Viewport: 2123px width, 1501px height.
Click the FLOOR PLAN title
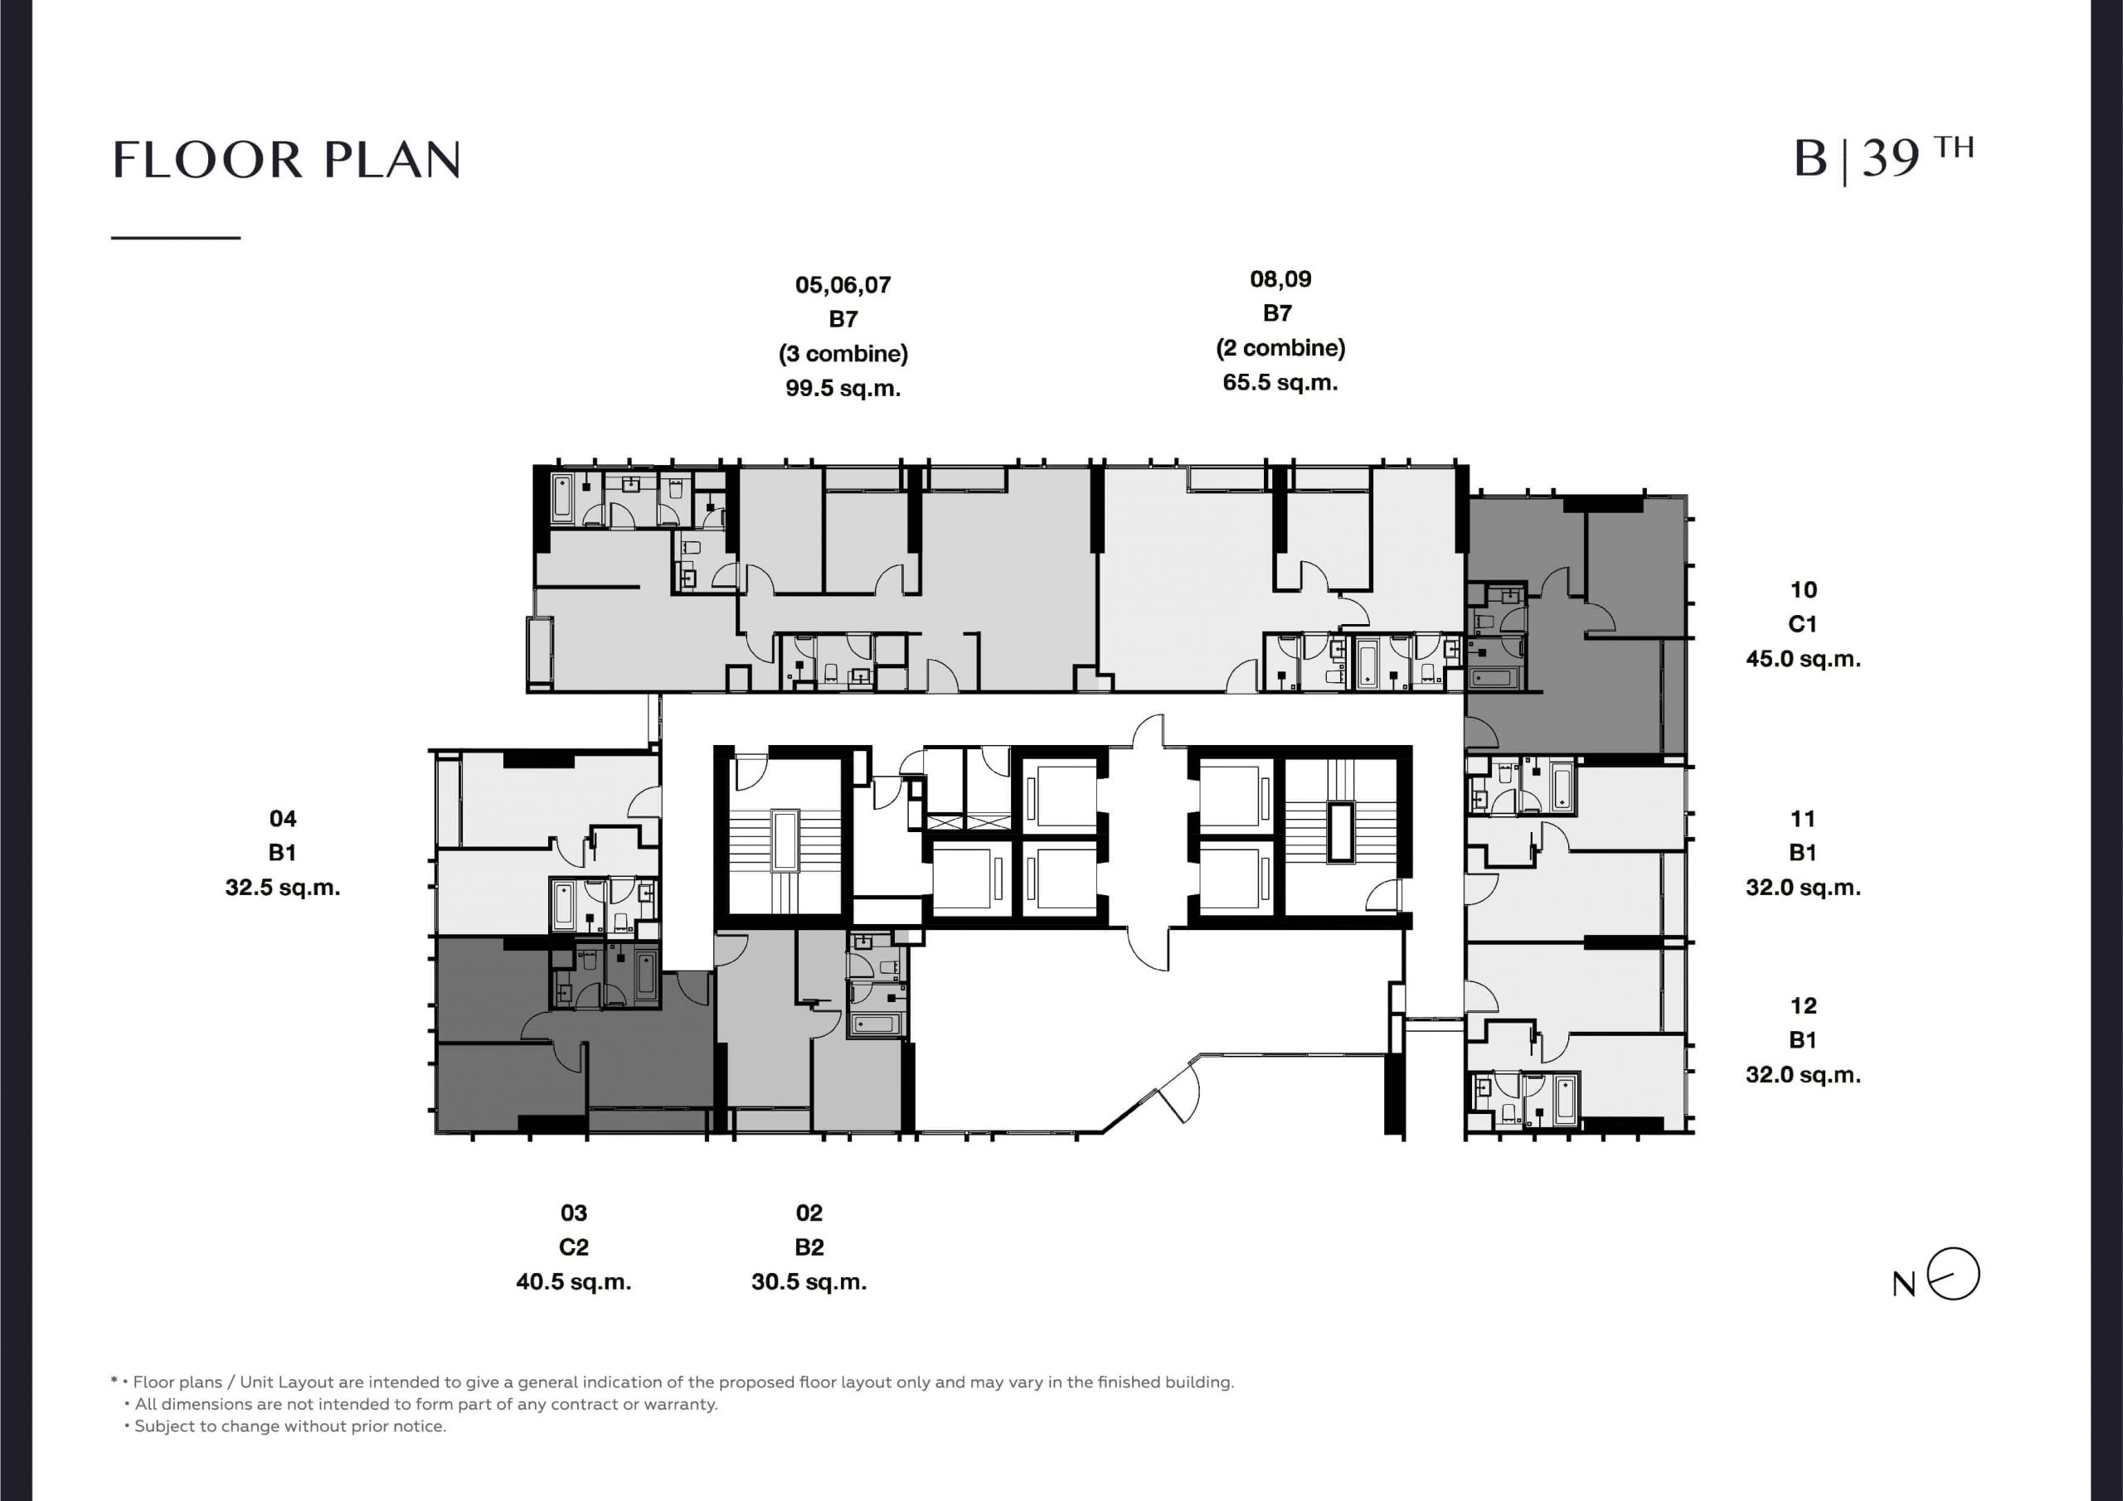[287, 160]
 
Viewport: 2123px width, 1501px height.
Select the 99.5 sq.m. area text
[843, 388]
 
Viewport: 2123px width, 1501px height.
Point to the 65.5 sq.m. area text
[1280, 383]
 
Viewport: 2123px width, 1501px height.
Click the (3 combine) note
[843, 354]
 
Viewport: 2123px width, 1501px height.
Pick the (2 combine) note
[1280, 348]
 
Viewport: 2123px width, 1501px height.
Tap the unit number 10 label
[1803, 589]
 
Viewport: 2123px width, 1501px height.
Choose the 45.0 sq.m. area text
[1803, 659]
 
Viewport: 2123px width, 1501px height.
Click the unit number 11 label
[1803, 819]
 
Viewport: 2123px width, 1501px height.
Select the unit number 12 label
[1803, 1005]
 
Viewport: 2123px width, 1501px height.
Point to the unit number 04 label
[283, 818]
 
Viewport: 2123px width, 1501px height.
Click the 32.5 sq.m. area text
[283, 888]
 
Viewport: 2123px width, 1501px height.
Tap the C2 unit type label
[573, 1247]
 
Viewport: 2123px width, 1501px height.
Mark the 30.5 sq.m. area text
[809, 1282]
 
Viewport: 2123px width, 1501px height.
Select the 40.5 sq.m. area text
[573, 1282]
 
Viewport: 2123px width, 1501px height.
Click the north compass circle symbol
[1953, 1275]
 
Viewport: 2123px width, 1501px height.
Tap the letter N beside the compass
[1904, 1285]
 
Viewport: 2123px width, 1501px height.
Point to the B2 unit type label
[809, 1247]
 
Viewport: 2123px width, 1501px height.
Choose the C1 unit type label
[1803, 624]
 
